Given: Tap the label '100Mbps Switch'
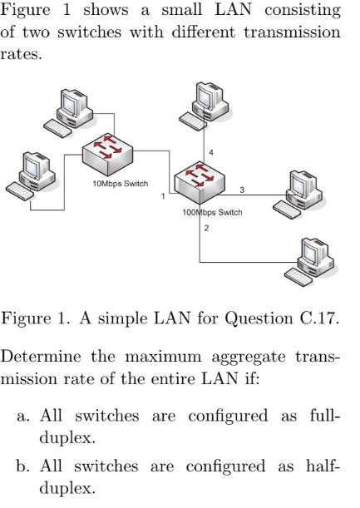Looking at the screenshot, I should point(212,212).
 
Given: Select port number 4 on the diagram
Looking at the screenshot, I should point(211,153).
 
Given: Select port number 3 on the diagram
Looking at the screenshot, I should point(242,190).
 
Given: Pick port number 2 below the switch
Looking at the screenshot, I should point(205,228).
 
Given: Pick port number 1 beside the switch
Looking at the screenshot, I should point(164,196).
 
